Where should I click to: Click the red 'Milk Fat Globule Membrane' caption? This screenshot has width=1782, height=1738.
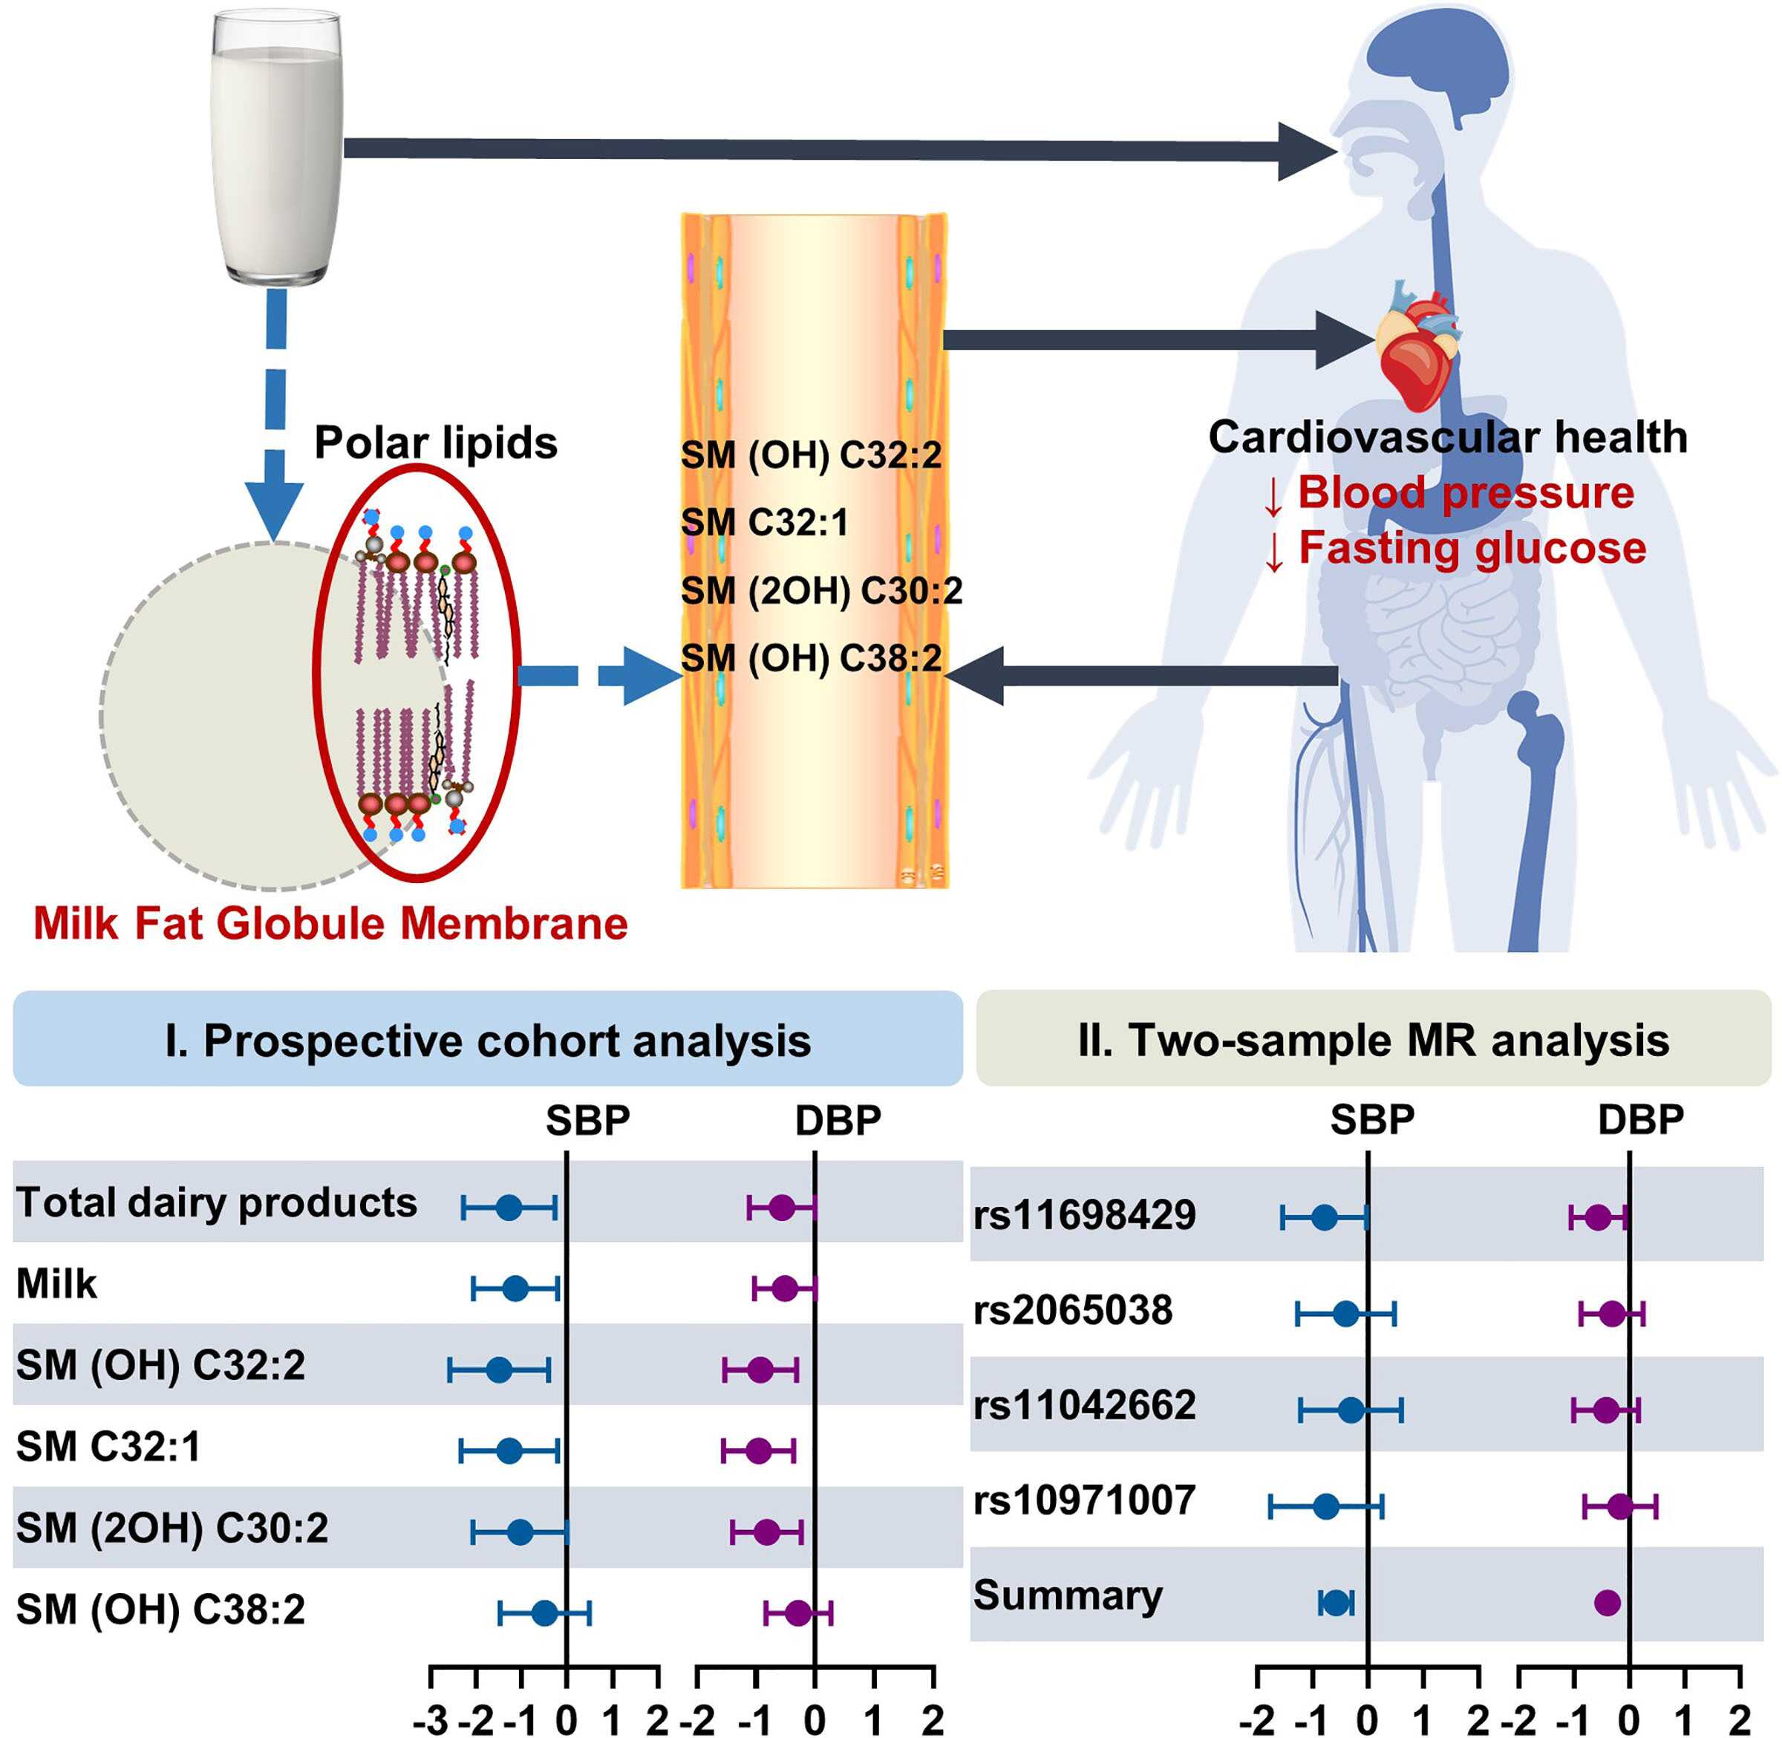tap(330, 924)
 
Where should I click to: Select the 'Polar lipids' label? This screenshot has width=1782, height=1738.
tap(435, 443)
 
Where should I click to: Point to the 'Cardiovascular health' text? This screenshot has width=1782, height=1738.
tap(1447, 437)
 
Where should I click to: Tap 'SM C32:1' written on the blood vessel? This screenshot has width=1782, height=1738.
tap(765, 523)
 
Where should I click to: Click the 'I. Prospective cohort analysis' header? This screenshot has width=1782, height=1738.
tap(487, 1041)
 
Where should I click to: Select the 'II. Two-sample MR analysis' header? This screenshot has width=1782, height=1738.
tap(1373, 1041)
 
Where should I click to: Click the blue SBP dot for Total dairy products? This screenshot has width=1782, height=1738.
tap(509, 1208)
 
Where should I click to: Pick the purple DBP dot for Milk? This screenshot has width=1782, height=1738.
tap(785, 1289)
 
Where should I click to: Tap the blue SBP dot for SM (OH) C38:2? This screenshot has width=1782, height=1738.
tap(545, 1613)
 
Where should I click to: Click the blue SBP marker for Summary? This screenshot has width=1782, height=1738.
tap(1336, 1603)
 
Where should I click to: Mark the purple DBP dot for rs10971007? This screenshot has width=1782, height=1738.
tap(1619, 1506)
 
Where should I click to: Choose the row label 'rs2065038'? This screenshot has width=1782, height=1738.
tap(1073, 1311)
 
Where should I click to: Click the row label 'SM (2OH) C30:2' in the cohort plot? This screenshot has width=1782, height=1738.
tap(172, 1528)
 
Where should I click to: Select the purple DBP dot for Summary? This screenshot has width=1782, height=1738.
tap(1607, 1602)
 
